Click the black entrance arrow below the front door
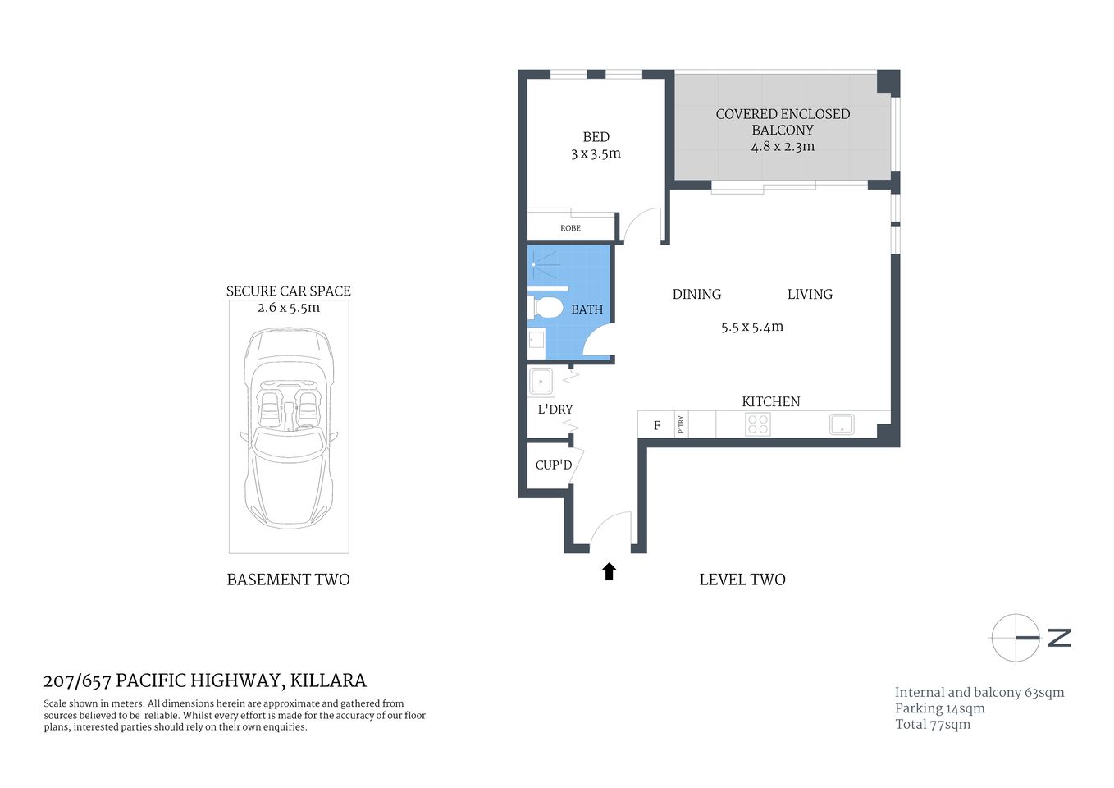coord(609,571)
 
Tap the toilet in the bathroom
coord(546,308)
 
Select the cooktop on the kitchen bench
coord(757,424)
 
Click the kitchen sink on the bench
coord(842,424)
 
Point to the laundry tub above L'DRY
coord(541,382)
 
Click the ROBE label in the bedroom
coord(570,228)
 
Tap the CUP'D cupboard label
coord(554,465)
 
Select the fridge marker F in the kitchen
coord(656,426)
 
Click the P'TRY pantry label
coord(681,424)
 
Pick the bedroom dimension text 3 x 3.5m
coord(596,153)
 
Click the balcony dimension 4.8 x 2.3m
coord(783,147)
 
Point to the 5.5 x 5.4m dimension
coord(752,327)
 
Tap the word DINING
coord(696,294)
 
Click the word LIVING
coord(810,294)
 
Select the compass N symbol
coord(1058,637)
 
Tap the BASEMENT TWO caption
coord(288,580)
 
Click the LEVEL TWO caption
coord(742,580)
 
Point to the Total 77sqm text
coord(933,724)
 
